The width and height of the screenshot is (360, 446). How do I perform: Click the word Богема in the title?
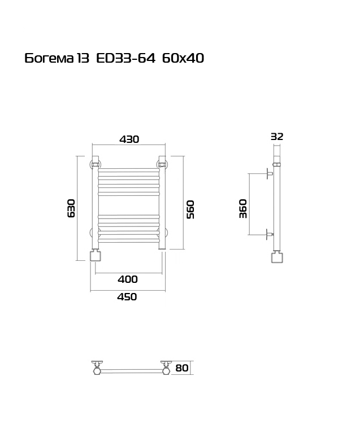point(49,58)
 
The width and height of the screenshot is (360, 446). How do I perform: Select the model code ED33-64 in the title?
point(126,58)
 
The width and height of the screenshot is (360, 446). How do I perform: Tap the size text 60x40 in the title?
point(183,58)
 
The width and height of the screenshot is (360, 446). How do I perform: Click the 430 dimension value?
point(129,139)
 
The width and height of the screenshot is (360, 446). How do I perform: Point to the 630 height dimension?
point(71,208)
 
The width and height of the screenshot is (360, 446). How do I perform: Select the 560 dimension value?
point(190,209)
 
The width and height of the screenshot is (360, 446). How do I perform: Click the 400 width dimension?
point(128,279)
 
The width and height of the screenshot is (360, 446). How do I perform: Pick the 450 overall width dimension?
point(127,297)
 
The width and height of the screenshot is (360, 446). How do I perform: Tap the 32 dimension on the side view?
point(277,137)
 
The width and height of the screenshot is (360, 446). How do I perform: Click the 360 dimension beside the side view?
point(243,208)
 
